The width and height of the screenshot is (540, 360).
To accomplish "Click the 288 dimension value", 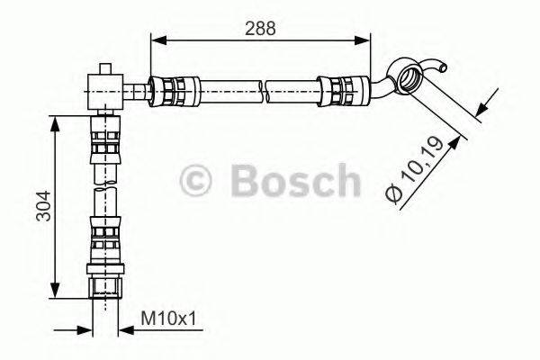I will pyautogui.click(x=260, y=28).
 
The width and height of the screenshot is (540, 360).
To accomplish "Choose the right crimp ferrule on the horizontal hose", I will pyautogui.click(x=345, y=90).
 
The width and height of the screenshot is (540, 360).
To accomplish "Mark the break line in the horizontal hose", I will pyautogui.click(x=267, y=90).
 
